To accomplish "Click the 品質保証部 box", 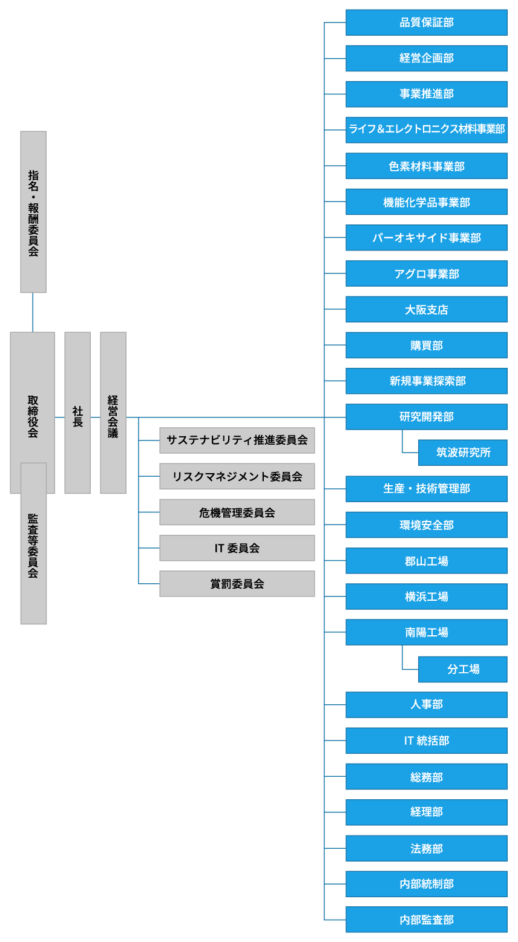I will click(427, 22).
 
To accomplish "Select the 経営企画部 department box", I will click(427, 58).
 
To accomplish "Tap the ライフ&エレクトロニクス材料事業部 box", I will click(427, 129).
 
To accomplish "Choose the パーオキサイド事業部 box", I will click(427, 238).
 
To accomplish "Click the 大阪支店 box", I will click(427, 309).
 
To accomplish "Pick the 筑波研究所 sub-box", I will click(463, 453).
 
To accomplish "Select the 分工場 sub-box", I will click(463, 669).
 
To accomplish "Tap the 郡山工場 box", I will click(427, 561).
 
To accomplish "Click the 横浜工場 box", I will click(427, 597).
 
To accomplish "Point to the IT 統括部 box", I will click(427, 741).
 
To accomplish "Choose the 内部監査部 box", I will click(427, 920).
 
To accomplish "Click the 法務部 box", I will click(427, 848).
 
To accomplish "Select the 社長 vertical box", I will click(77, 413).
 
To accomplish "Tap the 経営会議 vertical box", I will click(113, 413).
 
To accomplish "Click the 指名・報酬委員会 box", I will click(33, 212).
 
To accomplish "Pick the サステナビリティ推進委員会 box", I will click(237, 440).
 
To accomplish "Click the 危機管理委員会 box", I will click(237, 512).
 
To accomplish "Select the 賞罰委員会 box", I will click(237, 584).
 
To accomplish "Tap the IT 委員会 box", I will click(237, 548).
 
